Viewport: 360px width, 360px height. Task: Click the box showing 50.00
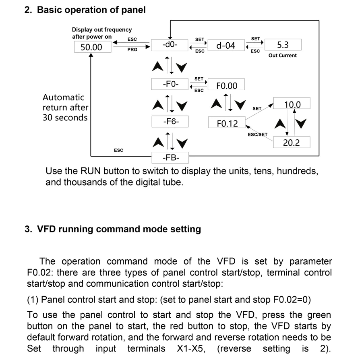(91, 47)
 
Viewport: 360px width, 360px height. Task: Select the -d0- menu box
(170, 45)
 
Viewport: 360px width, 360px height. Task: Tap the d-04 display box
(226, 46)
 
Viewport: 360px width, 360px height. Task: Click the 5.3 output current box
(283, 44)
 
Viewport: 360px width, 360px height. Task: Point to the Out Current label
(282, 56)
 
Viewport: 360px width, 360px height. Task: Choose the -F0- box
(170, 85)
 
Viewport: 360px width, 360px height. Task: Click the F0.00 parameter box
(227, 85)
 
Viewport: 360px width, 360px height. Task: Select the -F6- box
(170, 121)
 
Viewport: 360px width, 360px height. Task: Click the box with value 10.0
(292, 104)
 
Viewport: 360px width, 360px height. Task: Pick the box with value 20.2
(292, 143)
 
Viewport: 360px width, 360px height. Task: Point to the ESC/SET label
(257, 134)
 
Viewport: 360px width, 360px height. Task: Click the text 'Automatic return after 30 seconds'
(65, 108)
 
